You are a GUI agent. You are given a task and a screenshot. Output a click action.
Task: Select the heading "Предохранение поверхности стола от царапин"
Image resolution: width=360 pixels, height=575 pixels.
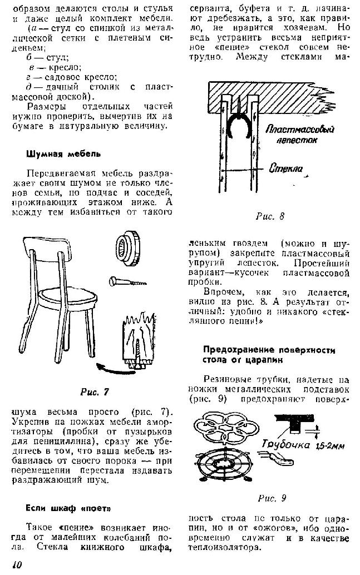(x=269, y=354)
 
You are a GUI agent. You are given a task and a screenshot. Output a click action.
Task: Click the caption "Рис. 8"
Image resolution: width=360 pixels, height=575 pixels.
(x=270, y=216)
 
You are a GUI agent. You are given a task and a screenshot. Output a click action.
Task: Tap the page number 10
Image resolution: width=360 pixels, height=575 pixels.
(x=16, y=564)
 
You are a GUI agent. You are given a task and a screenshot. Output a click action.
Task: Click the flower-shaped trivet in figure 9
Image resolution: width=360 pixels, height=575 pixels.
(x=226, y=428)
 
